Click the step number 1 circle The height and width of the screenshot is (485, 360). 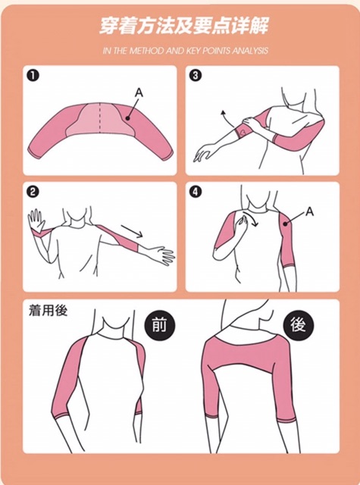(33, 76)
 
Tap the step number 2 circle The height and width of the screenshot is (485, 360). (33, 192)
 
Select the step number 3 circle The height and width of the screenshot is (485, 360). (195, 76)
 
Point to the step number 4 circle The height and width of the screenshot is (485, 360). (195, 192)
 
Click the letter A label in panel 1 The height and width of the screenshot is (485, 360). (139, 92)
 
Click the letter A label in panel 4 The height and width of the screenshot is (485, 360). (309, 211)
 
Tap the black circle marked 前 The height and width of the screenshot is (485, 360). (160, 325)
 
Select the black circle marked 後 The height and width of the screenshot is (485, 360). (298, 325)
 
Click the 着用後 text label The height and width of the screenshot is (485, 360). (48, 310)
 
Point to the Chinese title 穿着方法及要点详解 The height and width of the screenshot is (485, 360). (184, 25)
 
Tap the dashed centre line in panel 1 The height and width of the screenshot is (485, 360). (99, 117)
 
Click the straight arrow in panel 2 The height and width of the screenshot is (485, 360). (132, 230)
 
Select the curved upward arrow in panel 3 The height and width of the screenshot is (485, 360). (229, 119)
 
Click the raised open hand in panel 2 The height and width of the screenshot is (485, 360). (36, 220)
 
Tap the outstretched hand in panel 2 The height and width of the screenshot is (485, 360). (161, 255)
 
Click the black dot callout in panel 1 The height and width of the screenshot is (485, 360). (127, 118)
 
